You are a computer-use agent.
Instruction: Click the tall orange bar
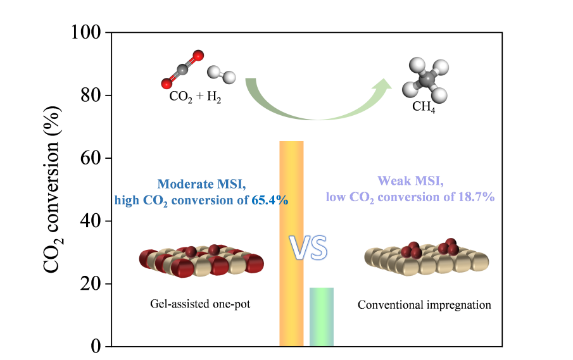pos(291,244)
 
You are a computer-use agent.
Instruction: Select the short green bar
pos(321,316)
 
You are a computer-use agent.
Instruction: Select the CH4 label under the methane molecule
pos(424,107)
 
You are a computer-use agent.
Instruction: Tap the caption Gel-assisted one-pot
pos(201,304)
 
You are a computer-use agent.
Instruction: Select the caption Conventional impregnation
pos(424,305)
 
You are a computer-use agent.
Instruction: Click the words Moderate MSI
pos(201,184)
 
